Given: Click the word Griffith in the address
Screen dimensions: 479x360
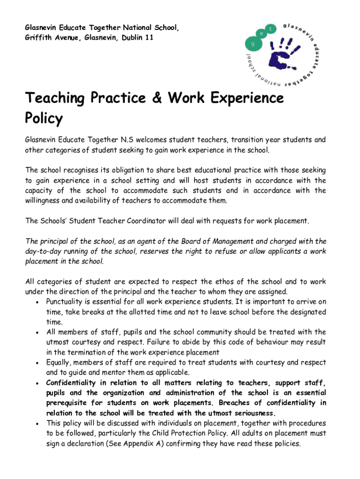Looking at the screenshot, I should (x=37, y=37).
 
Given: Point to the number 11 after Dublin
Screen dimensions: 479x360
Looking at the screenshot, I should (x=149, y=37).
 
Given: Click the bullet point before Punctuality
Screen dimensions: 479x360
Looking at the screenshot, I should (x=37, y=302).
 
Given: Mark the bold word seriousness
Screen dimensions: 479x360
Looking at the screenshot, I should (x=250, y=413).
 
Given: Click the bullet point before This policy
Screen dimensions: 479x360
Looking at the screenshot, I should (x=37, y=423).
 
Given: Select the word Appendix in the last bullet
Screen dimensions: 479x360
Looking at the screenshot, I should (x=155, y=443).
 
